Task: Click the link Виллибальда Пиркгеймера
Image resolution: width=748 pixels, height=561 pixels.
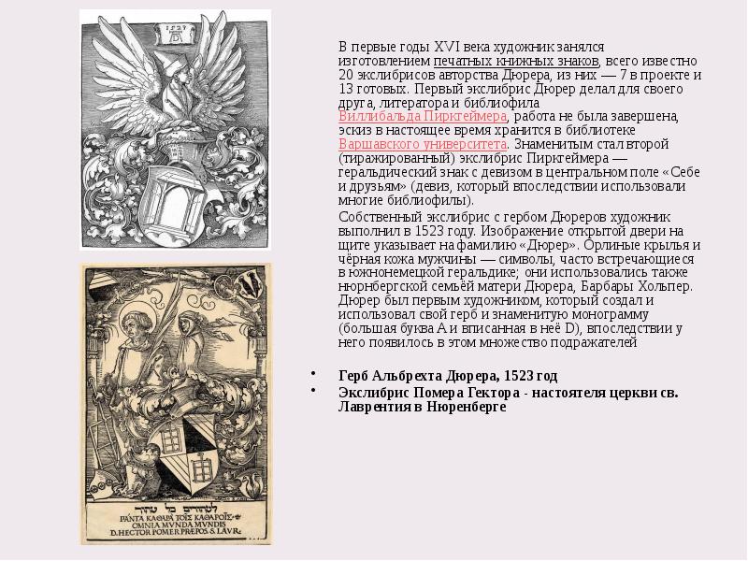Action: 422,116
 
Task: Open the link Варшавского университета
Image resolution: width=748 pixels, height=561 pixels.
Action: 423,144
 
